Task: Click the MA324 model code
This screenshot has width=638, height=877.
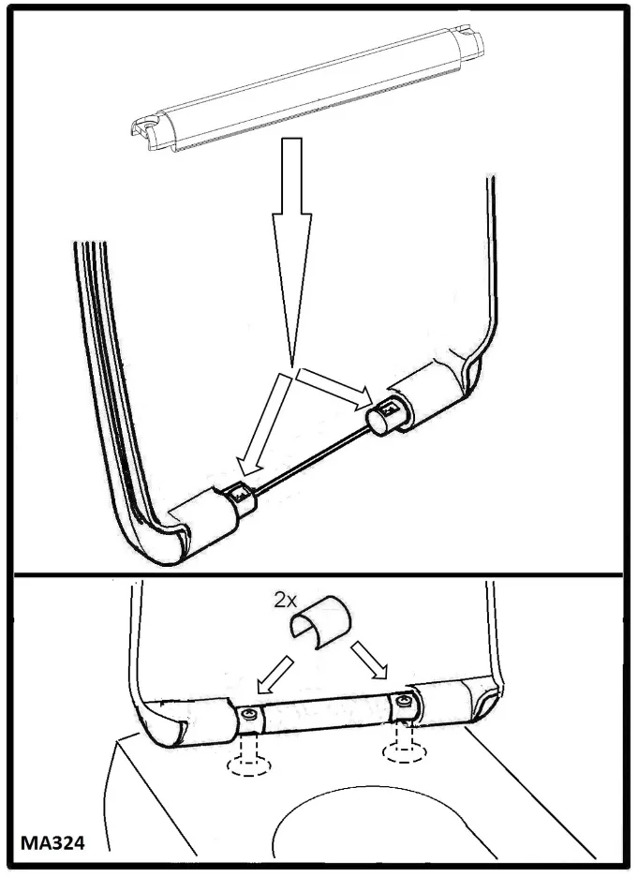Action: pyautogui.click(x=52, y=842)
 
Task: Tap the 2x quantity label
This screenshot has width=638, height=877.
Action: pyautogui.click(x=285, y=601)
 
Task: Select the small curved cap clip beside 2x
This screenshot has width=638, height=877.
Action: pyautogui.click(x=320, y=621)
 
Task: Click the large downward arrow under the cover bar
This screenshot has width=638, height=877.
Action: pyautogui.click(x=292, y=252)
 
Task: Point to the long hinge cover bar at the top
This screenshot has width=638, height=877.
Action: pyautogui.click(x=307, y=87)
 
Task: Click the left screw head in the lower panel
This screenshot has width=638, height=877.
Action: pyautogui.click(x=250, y=714)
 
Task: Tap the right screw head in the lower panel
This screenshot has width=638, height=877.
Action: pyautogui.click(x=404, y=700)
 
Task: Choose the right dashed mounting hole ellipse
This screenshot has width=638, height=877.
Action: pyautogui.click(x=405, y=751)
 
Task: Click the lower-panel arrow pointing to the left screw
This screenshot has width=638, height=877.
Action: pyautogui.click(x=275, y=675)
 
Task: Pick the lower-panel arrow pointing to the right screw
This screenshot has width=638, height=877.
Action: pyautogui.click(x=369, y=660)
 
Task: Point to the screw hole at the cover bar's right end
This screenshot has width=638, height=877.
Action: pyautogui.click(x=464, y=31)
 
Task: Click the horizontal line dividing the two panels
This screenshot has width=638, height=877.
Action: pyautogui.click(x=319, y=574)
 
